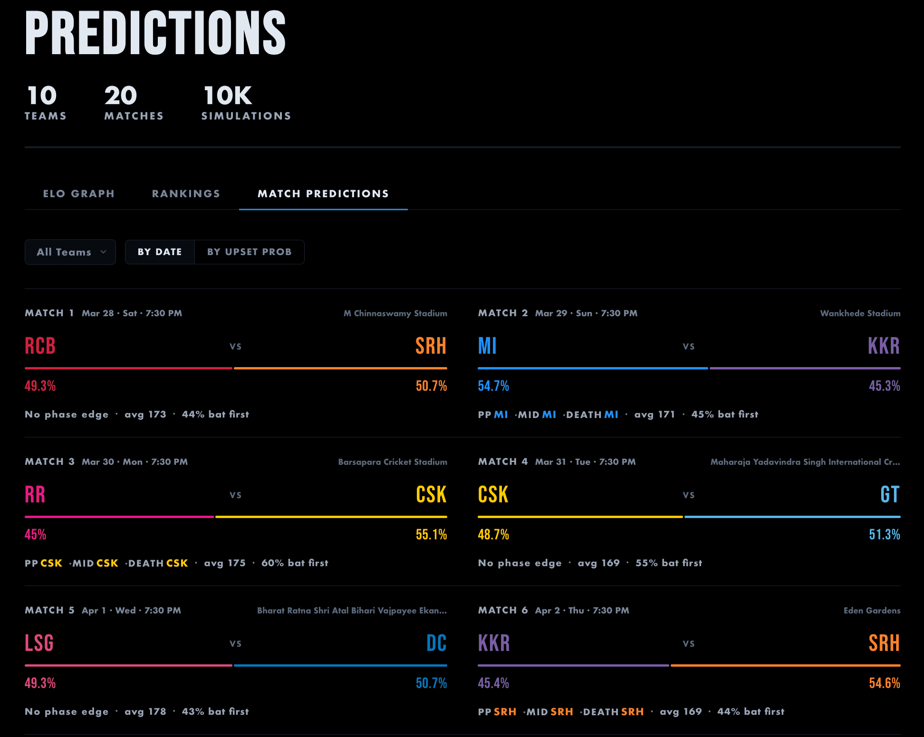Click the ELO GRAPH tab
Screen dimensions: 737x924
(x=79, y=194)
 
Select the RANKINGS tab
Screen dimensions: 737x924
(x=186, y=194)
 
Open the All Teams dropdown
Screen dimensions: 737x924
(x=70, y=252)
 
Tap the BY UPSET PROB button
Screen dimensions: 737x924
(x=249, y=252)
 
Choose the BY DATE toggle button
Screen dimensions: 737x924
(x=160, y=252)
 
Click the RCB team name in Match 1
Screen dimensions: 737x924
(x=40, y=346)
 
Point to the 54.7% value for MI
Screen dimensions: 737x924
(x=493, y=386)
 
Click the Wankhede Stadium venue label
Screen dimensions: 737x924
(x=860, y=313)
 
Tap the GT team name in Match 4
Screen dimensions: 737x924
(x=889, y=494)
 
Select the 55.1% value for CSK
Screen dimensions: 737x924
(x=431, y=534)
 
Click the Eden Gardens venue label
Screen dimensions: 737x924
(x=872, y=611)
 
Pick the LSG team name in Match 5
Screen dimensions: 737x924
(x=39, y=643)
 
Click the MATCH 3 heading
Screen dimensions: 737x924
(x=49, y=462)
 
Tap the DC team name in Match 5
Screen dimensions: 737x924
(x=436, y=643)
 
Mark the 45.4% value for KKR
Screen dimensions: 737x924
(x=493, y=683)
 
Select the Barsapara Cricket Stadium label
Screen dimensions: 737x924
(x=392, y=462)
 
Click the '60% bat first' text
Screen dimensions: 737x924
(x=295, y=563)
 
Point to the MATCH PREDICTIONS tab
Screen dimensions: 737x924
(x=323, y=194)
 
